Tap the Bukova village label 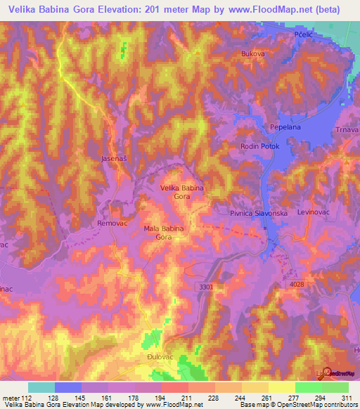pos(252,53)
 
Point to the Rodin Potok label pos(259,146)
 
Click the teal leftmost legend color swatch pos(41,387)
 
